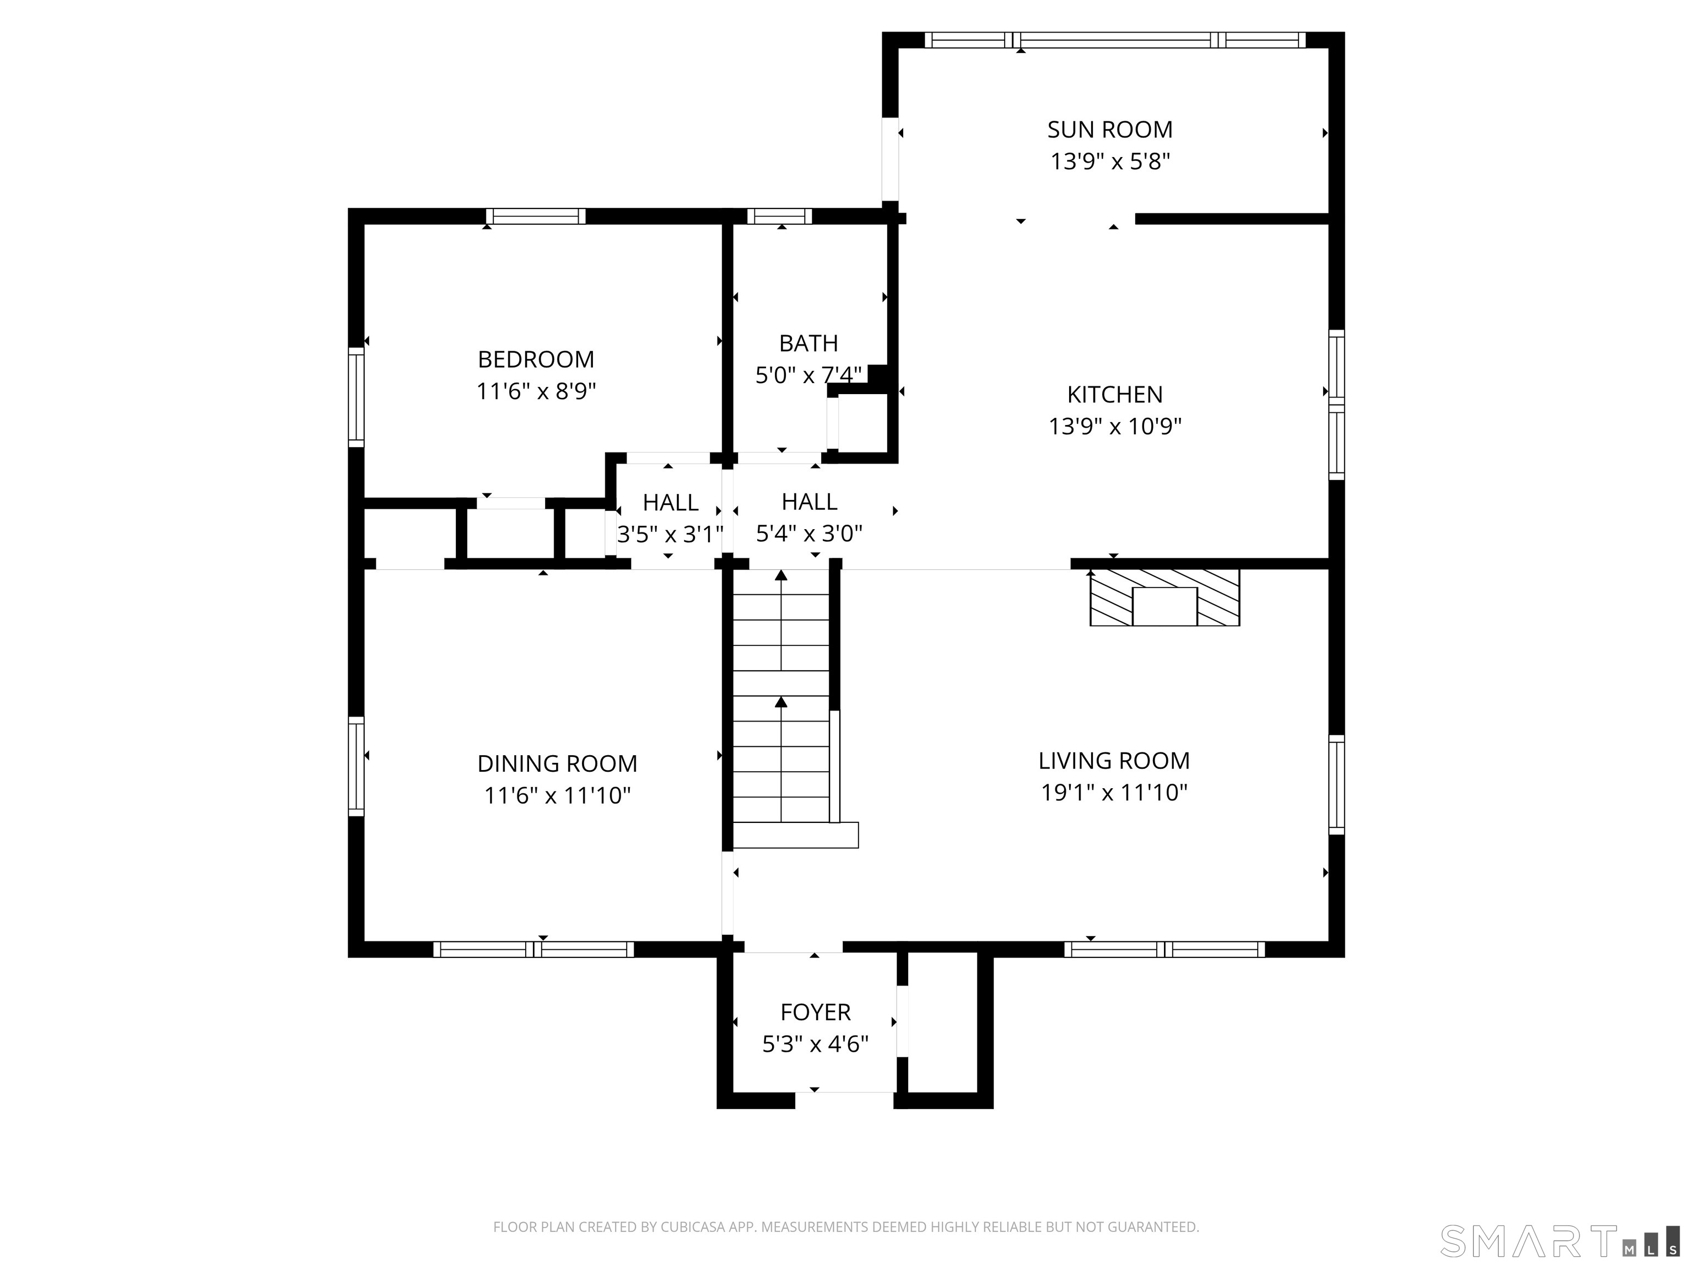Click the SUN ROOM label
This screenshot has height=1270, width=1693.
click(x=1110, y=130)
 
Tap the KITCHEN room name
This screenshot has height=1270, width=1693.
click(x=1114, y=395)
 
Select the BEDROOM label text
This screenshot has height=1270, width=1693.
click(x=536, y=360)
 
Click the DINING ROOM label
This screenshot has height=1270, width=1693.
click(x=557, y=764)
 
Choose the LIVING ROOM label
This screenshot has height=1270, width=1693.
click(x=1114, y=761)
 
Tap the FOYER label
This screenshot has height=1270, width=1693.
click(x=815, y=1012)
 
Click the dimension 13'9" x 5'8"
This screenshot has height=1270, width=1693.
click(x=1110, y=162)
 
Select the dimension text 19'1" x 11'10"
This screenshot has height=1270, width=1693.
click(x=1114, y=792)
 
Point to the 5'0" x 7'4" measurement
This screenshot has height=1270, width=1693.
click(x=808, y=375)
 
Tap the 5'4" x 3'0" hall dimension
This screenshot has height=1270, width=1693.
click(x=809, y=534)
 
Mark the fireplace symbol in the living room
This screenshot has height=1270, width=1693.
click(x=1164, y=597)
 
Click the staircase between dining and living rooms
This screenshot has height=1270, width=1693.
click(x=788, y=708)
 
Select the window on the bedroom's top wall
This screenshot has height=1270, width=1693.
click(x=536, y=216)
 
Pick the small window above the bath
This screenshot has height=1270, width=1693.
click(x=779, y=216)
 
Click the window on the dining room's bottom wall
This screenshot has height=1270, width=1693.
click(x=533, y=949)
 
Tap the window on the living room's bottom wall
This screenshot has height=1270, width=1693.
click(x=1164, y=949)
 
